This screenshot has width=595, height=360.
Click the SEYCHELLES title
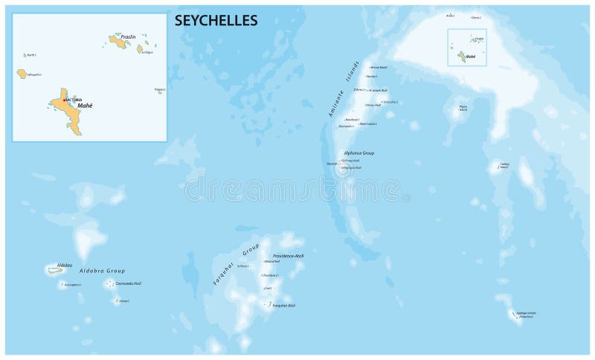216,21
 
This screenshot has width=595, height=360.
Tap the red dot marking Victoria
65,100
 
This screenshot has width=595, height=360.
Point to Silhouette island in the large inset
22,74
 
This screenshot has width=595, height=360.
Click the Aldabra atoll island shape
56,270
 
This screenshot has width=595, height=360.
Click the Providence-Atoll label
288,255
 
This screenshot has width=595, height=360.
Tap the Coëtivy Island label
504,165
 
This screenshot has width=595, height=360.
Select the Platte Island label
463,108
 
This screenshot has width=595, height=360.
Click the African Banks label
379,68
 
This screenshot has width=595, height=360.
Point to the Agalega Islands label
525,315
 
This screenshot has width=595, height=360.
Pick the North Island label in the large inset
31,55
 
